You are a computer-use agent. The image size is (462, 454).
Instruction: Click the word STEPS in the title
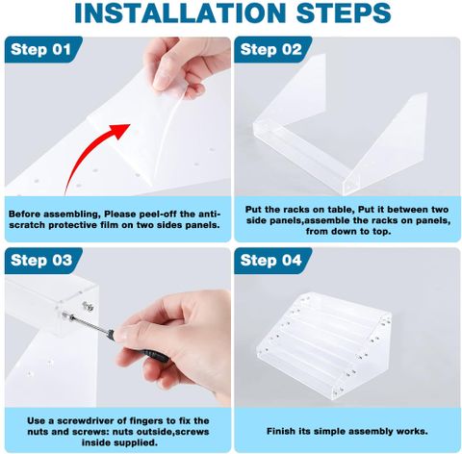tap(344, 13)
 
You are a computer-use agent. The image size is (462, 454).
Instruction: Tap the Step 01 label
tap(40, 50)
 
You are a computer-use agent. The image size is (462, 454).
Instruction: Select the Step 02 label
tap(271, 50)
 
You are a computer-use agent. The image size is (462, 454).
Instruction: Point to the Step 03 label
tap(41, 260)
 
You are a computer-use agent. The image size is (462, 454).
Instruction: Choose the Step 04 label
tap(271, 260)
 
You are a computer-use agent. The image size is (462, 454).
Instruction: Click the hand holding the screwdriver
tap(180, 343)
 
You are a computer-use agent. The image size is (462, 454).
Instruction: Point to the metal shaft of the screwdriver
tap(90, 323)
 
